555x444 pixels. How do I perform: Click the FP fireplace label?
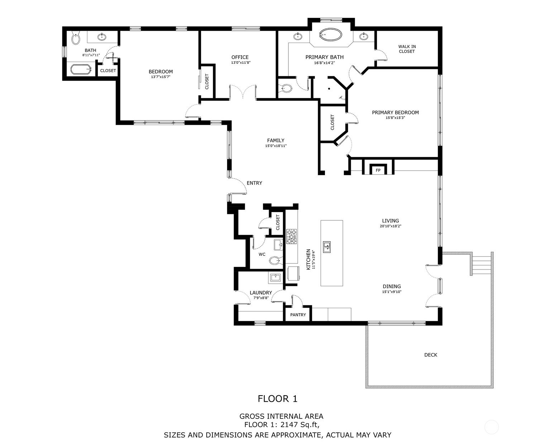tap(378, 170)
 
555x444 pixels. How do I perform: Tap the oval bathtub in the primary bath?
tap(331, 34)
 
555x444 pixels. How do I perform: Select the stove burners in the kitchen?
tap(292, 237)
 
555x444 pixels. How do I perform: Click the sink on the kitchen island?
tap(327, 247)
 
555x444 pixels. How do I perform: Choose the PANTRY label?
tap(298, 315)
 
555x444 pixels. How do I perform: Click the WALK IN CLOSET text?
tap(407, 49)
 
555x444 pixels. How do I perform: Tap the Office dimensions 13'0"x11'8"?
tap(241, 63)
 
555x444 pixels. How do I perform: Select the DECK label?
tap(430, 355)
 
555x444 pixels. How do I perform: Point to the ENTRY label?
tap(254, 183)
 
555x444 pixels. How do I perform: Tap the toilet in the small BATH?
tap(76, 38)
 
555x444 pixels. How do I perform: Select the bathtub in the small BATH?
tap(81, 70)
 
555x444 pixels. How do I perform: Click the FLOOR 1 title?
tap(277, 398)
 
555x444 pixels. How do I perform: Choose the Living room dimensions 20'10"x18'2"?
tap(391, 226)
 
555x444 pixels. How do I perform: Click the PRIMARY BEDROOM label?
tap(395, 113)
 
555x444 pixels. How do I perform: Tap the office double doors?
tap(243, 92)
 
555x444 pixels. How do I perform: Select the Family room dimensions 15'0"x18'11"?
tap(276, 146)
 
